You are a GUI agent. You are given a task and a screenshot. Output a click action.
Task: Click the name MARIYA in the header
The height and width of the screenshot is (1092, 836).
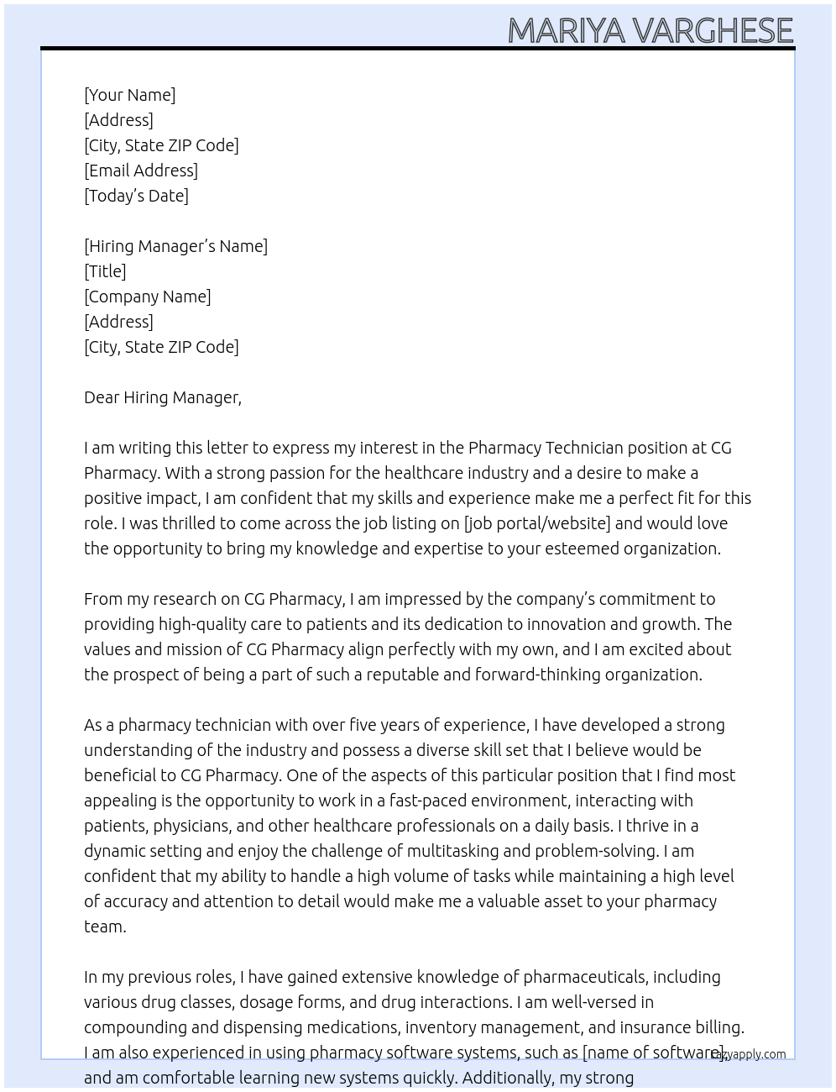566,31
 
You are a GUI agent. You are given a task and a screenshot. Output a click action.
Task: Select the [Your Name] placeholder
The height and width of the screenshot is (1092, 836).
130,95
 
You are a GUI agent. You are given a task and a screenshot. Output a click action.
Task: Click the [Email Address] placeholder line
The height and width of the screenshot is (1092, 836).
141,171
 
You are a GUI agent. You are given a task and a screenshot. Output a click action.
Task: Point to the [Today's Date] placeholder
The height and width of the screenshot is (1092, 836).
136,196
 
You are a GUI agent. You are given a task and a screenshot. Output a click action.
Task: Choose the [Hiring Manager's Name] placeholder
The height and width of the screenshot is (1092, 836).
175,246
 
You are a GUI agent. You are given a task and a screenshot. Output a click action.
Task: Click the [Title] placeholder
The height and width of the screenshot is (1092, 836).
105,271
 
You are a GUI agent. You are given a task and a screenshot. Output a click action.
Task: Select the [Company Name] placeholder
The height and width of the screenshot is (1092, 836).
148,297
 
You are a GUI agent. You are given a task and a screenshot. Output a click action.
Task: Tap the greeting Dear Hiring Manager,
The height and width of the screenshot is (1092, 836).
163,397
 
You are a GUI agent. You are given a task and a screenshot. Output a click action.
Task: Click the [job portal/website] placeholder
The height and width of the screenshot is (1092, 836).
537,523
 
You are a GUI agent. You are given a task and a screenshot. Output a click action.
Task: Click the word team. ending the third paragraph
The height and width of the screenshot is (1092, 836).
105,927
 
